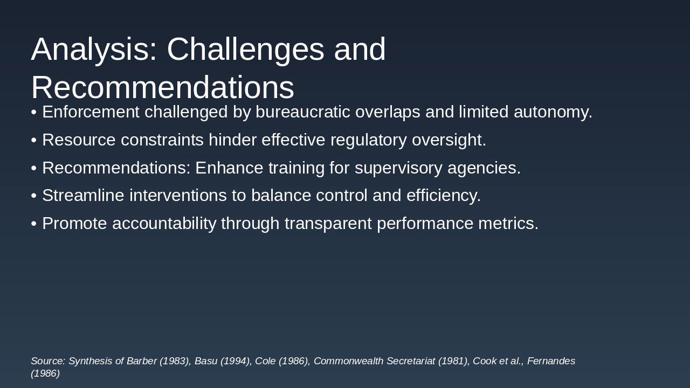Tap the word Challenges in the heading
245,50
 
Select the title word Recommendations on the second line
163,88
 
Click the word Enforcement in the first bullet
91,112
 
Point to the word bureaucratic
303,112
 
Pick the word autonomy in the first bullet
553,112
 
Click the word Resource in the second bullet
79,140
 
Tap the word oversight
449,140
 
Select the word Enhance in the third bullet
229,168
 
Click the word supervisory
398,169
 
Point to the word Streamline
83,195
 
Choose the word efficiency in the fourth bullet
444,196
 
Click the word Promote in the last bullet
74,223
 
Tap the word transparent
328,224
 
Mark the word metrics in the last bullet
508,223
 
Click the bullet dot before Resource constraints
34,141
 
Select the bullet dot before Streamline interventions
34,196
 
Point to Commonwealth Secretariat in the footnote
375,361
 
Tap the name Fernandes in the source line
551,361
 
